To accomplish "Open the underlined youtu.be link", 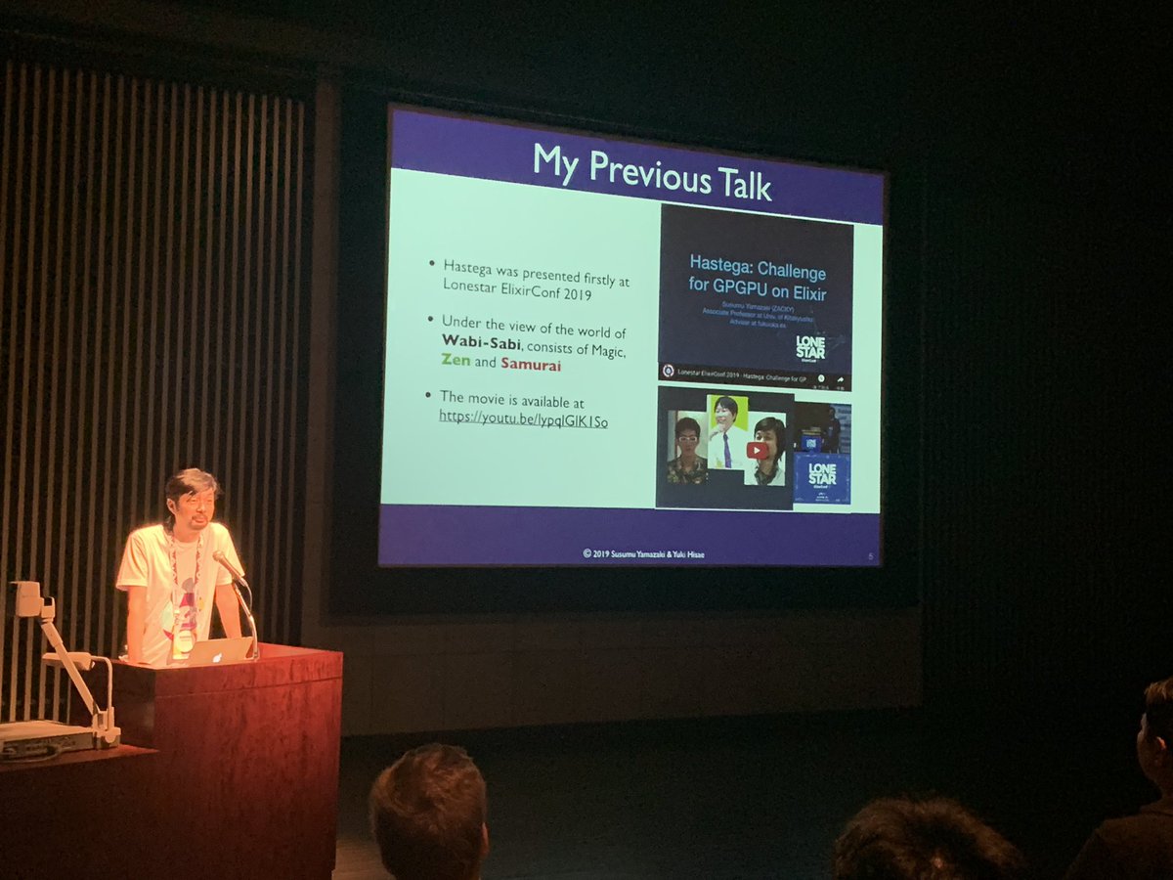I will point(523,420).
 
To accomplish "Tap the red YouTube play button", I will point(758,451).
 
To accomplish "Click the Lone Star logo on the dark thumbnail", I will point(810,348).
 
